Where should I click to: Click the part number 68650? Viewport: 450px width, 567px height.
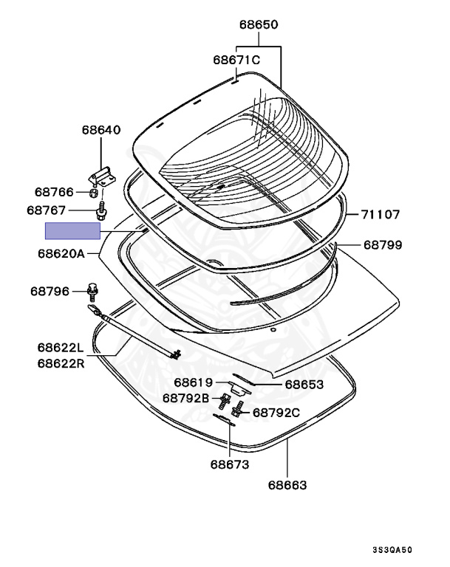[258, 24]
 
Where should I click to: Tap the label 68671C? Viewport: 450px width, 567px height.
[236, 60]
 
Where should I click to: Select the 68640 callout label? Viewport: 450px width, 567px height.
[100, 130]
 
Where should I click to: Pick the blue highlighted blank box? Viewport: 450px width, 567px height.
[72, 231]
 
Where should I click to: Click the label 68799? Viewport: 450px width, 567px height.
[382, 244]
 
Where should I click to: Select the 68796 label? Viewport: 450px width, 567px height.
[51, 292]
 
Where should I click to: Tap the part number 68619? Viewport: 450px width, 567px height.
[194, 382]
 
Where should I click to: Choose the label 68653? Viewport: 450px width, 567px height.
[304, 384]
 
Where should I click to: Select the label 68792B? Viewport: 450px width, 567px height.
[187, 398]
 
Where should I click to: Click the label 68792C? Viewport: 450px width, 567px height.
[276, 413]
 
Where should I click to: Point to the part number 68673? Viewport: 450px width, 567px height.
[229, 464]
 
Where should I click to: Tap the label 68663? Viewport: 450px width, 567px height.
[287, 485]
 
